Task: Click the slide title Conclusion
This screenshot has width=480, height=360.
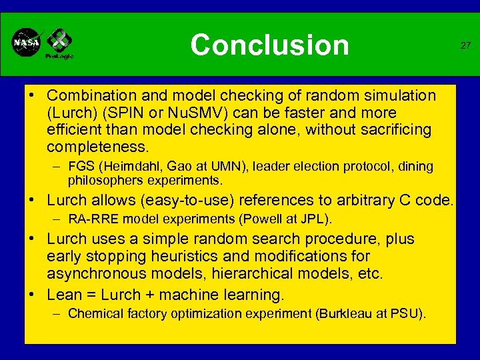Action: coord(269,45)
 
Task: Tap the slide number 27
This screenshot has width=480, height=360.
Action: coord(465,45)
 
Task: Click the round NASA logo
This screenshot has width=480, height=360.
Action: coord(26,43)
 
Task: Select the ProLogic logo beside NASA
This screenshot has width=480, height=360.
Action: coord(59,43)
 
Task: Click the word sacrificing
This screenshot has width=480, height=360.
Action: coord(393,129)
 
